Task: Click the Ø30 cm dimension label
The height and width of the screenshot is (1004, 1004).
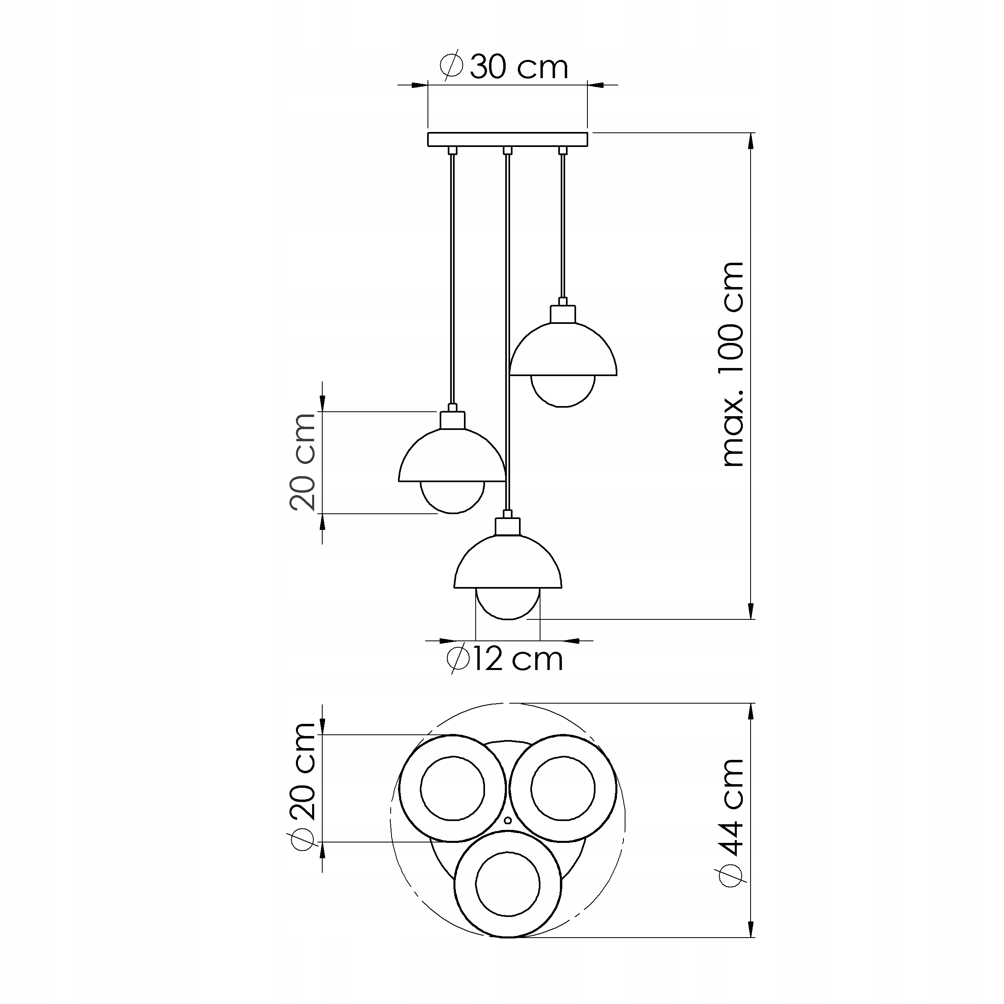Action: pyautogui.click(x=504, y=66)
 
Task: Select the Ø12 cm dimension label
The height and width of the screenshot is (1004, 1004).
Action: pyautogui.click(x=504, y=659)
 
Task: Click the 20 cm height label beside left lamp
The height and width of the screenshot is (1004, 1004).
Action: pyautogui.click(x=303, y=462)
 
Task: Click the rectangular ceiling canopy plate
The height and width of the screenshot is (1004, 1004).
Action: pyautogui.click(x=508, y=139)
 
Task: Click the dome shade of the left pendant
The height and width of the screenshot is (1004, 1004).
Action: pyautogui.click(x=452, y=455)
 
